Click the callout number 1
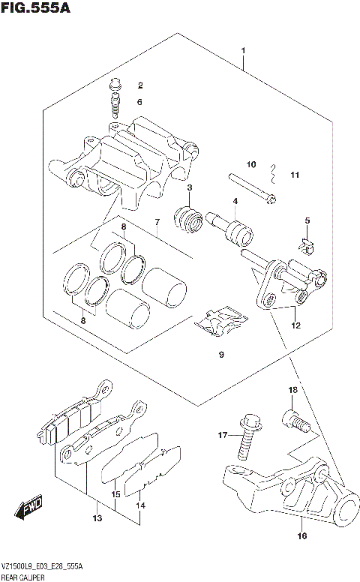[x=244, y=51]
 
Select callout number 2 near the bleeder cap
[x=139, y=85]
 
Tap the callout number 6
[x=139, y=102]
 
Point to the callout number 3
[x=190, y=187]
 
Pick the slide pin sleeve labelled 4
[x=231, y=227]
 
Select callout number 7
[x=157, y=222]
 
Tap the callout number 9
[x=220, y=354]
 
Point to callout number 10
[x=252, y=164]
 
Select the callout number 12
[x=295, y=325]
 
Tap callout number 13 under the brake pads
[x=97, y=518]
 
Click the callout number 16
[x=301, y=535]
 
